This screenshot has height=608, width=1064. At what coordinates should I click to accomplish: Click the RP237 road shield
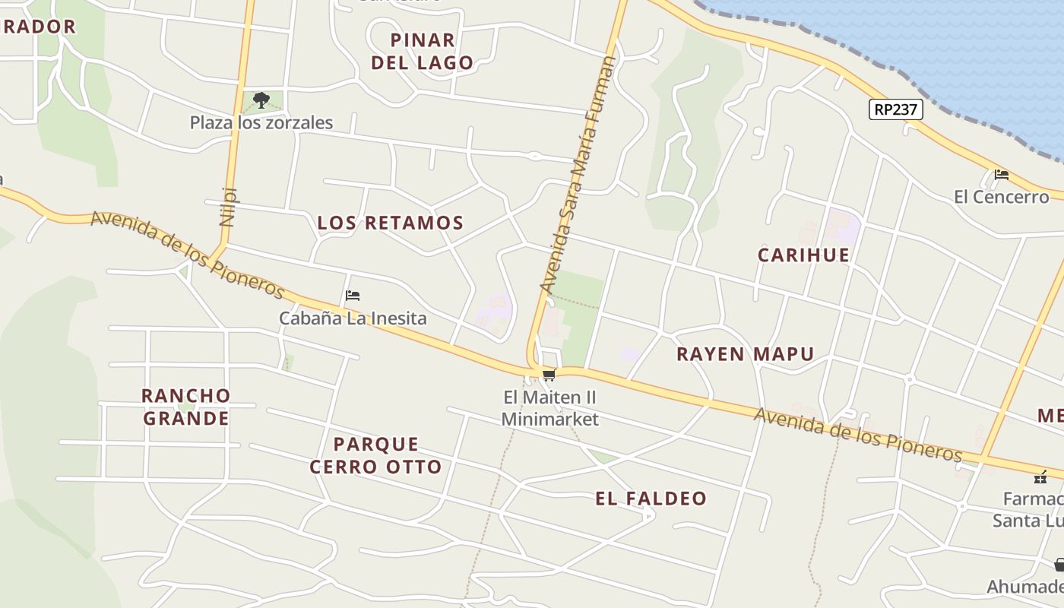pos(895,109)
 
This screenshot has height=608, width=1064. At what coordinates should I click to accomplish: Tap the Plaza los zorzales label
pos(261,122)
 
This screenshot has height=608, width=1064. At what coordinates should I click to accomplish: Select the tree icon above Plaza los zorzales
pos(261,100)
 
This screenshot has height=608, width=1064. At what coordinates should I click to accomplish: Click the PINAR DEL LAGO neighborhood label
pos(423,51)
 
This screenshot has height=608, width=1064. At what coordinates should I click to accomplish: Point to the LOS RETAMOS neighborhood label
pos(390,223)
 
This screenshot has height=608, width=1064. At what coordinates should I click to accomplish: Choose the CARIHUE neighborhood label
pos(803,255)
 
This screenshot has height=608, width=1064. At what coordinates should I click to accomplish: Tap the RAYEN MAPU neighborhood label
pos(745,353)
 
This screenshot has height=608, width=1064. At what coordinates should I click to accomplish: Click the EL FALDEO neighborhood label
pos(651,499)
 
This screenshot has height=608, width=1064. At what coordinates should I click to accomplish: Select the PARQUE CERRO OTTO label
pos(375,455)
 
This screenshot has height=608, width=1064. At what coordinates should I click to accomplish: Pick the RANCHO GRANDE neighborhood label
pos(186,407)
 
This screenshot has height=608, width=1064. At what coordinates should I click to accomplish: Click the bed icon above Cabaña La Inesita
pos(352,296)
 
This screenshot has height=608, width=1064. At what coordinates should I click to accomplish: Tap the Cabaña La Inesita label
pos(353,318)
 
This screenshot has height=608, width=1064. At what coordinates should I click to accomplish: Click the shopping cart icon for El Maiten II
pos(549,375)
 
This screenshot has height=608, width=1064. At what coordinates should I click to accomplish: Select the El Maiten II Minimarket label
pos(550,408)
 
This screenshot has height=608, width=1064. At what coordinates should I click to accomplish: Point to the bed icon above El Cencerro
pos(1002,175)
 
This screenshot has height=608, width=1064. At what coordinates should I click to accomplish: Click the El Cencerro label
pos(1001,197)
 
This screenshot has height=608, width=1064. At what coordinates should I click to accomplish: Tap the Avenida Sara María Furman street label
pos(577,175)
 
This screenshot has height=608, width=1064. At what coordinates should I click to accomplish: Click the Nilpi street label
pos(228,207)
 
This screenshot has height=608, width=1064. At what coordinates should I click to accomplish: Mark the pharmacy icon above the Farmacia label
pos(1040,477)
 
